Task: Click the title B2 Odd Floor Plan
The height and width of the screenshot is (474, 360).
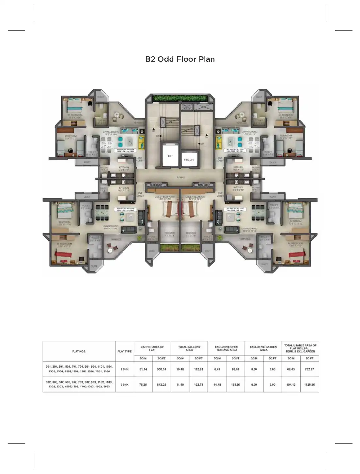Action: [180, 59]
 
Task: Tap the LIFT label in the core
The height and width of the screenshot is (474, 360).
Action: [170, 156]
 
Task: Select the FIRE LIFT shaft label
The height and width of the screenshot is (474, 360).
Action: [189, 160]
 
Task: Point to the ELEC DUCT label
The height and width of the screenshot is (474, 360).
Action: [156, 185]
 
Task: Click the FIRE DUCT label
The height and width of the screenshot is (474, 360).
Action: [204, 185]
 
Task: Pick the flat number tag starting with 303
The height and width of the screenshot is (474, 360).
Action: [125, 209]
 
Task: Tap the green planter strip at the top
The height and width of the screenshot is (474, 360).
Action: [180, 98]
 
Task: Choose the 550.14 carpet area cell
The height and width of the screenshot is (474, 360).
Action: [161, 369]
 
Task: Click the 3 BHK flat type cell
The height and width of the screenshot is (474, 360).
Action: [124, 385]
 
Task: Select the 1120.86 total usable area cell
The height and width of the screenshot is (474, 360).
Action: [309, 385]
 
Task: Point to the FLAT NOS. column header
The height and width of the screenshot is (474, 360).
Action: [79, 351]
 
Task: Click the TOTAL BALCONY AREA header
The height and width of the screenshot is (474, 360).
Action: [189, 348]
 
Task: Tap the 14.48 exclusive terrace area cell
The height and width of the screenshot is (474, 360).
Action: [217, 385]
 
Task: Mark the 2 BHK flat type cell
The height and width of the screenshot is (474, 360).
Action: [124, 369]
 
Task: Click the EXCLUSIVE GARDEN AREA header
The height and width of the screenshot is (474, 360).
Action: [263, 348]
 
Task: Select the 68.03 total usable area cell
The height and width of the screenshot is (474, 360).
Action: [291, 369]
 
